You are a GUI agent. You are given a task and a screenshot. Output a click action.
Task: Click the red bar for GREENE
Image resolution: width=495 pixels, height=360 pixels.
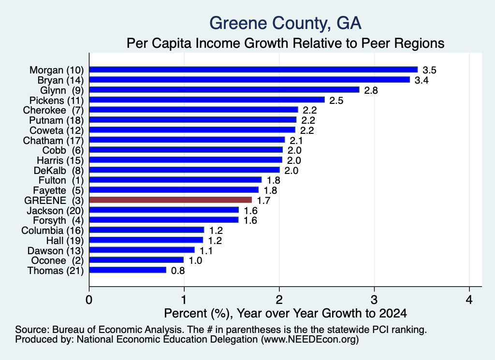pos(171,200)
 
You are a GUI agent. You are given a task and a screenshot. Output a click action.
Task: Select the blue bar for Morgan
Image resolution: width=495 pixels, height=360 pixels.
pos(253,70)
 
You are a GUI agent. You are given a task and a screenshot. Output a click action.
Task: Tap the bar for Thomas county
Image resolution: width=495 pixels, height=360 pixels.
pos(128,270)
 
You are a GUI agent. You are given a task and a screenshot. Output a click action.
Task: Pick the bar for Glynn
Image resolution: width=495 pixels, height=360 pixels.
pos(224,90)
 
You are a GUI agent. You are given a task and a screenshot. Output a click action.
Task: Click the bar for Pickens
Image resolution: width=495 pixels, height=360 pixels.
pos(207,100)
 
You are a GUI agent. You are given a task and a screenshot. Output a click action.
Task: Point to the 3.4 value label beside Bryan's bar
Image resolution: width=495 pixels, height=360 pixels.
pos(422,80)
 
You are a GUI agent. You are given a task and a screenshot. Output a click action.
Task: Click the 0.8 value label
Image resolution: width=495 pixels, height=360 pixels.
pos(178,271)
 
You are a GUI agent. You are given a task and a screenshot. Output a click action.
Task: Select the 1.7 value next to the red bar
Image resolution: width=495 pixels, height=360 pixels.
pos(263,201)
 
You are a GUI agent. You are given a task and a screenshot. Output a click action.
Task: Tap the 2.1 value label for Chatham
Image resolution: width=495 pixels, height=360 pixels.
pos(296,141)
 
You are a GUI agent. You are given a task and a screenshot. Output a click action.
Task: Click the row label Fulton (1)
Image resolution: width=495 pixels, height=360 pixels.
pos(61,180)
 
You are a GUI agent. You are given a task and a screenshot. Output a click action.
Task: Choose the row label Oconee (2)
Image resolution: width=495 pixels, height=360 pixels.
pos(57,260)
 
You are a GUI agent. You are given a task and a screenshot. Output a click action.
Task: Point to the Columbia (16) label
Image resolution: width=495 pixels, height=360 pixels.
pos(52,230)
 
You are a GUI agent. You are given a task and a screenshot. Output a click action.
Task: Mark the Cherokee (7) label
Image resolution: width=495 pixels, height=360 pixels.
pos(53,110)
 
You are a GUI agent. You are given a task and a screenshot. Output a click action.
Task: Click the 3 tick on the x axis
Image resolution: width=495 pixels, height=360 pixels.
pos(374,300)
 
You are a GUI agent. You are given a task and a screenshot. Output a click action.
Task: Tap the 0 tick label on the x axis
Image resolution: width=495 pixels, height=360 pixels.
pos(89,300)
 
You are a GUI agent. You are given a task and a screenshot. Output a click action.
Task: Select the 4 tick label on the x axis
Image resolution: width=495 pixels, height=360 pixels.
pos(469,300)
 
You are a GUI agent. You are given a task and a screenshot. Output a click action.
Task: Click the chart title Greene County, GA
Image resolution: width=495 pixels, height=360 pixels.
pos(285,23)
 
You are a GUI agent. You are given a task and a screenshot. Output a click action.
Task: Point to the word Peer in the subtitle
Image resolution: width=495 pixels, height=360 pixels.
pos(375,43)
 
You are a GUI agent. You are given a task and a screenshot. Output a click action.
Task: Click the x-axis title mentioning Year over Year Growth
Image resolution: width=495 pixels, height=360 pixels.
pos(285,313)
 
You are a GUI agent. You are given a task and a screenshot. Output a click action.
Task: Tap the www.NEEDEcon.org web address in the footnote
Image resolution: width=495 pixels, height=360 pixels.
pos(310,339)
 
